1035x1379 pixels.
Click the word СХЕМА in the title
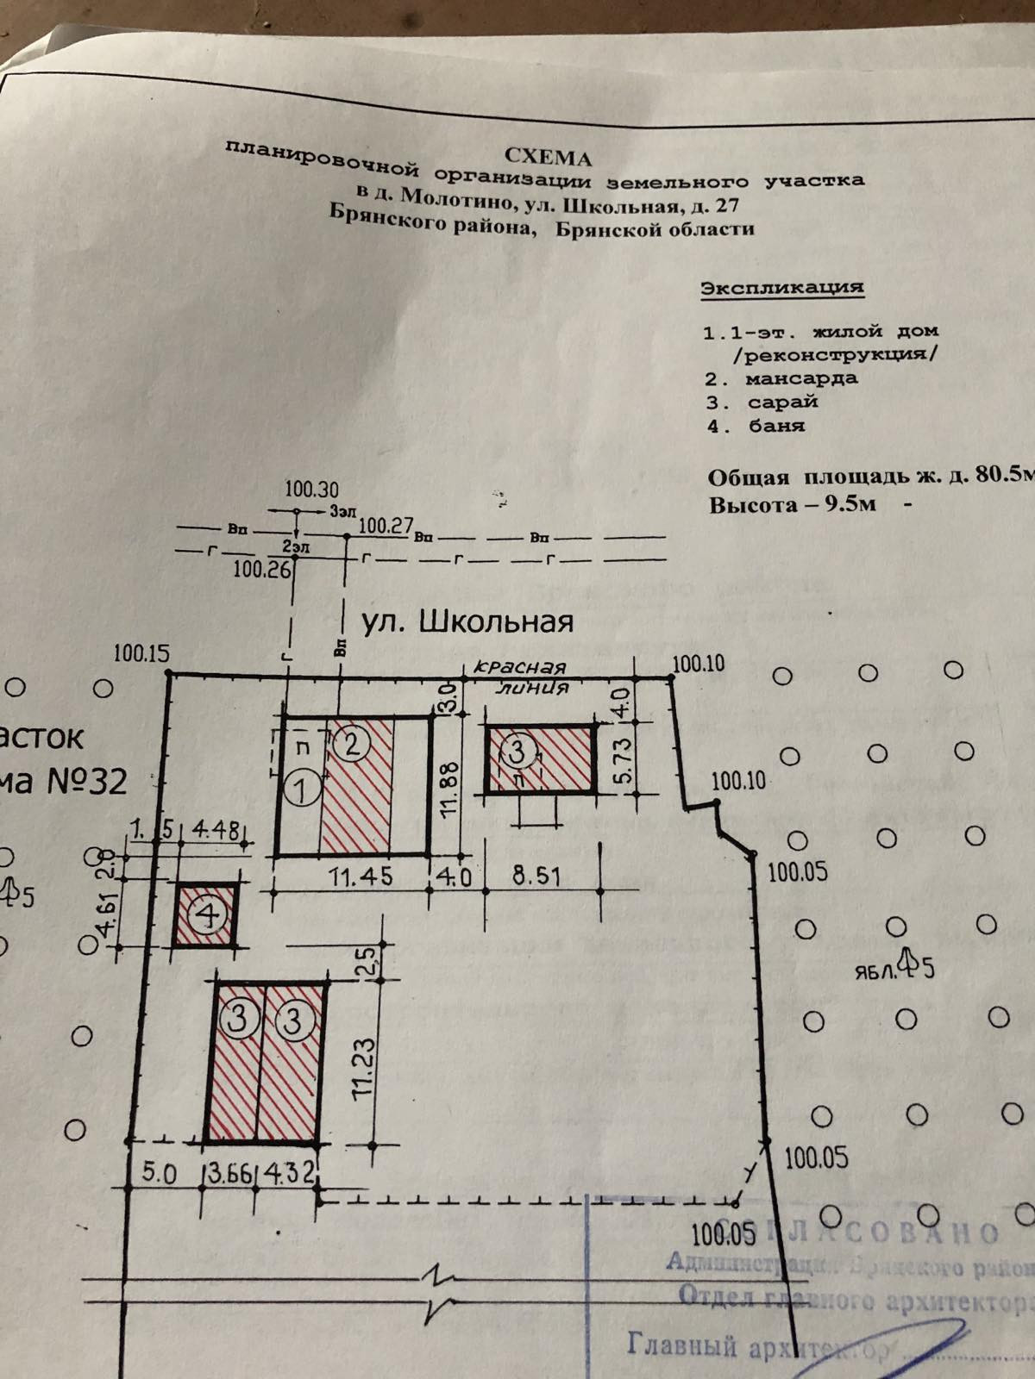pos(548,157)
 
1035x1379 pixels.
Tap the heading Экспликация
pos(781,288)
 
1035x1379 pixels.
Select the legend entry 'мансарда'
pos(801,378)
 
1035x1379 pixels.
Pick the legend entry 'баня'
pos(776,425)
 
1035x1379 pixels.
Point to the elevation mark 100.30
pos(311,490)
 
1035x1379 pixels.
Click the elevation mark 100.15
pos(141,653)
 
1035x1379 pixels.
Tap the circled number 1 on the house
pos(303,788)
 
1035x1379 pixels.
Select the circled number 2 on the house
pos(352,743)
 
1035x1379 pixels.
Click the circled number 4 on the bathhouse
pos(208,915)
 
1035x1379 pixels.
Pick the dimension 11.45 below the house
pos(361,877)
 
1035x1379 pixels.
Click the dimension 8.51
pos(536,877)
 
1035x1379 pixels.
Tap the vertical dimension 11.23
pos(363,1066)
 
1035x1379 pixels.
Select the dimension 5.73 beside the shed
pos(623,758)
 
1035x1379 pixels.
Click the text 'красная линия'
pos(521,677)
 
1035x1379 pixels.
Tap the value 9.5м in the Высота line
pos(849,504)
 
